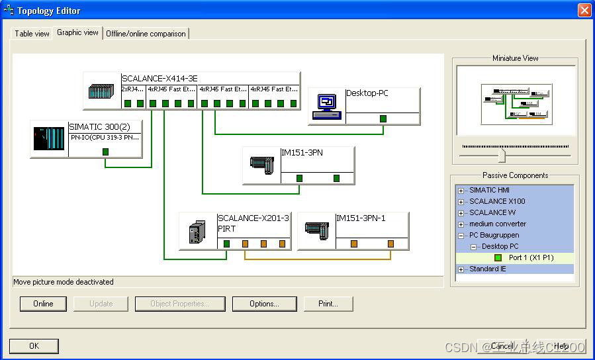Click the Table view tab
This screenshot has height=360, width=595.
coord(32,34)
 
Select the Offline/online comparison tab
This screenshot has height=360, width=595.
coord(146,34)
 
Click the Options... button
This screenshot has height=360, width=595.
coord(263,304)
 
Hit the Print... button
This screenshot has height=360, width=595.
coord(328,304)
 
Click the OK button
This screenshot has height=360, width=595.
coord(34,345)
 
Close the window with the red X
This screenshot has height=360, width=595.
coord(584,11)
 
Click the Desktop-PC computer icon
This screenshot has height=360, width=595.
coord(327,106)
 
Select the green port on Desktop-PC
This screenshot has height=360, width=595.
coord(383,119)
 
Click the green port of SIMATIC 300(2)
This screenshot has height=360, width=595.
coord(105,152)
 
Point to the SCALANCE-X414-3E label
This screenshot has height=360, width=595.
coord(160,78)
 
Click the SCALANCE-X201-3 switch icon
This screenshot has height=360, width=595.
coord(197,232)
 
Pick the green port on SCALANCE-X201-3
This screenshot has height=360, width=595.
coord(226,244)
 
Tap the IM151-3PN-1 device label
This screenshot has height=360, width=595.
coord(361,218)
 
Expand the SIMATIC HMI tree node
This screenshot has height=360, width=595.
coord(461,191)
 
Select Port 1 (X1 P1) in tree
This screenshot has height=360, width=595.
coord(531,257)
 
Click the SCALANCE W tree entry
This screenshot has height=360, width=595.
coord(492,212)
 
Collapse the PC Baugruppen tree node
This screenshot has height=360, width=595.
coord(461,236)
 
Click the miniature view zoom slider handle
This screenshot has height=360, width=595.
coord(502,156)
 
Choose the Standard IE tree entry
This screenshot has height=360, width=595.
coord(488,269)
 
